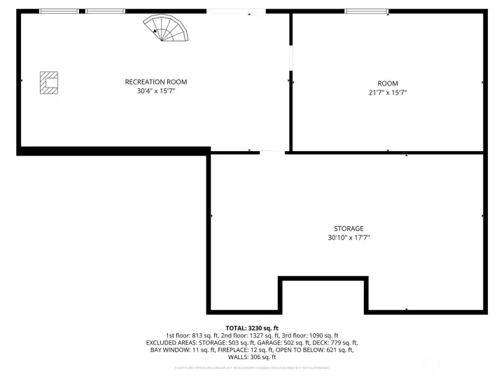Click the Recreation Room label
[x=156, y=82]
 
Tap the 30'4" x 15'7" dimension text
[x=156, y=91]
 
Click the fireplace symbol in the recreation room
[x=48, y=82]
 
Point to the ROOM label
[x=387, y=83]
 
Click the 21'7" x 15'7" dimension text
[x=387, y=92]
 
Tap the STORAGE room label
[x=348, y=229]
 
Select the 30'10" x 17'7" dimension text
[x=348, y=238]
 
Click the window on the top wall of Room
[x=366, y=11]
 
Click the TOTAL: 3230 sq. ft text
[x=252, y=328]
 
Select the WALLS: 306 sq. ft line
[x=252, y=358]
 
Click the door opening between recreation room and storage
[x=272, y=152]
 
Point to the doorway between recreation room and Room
[x=290, y=59]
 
